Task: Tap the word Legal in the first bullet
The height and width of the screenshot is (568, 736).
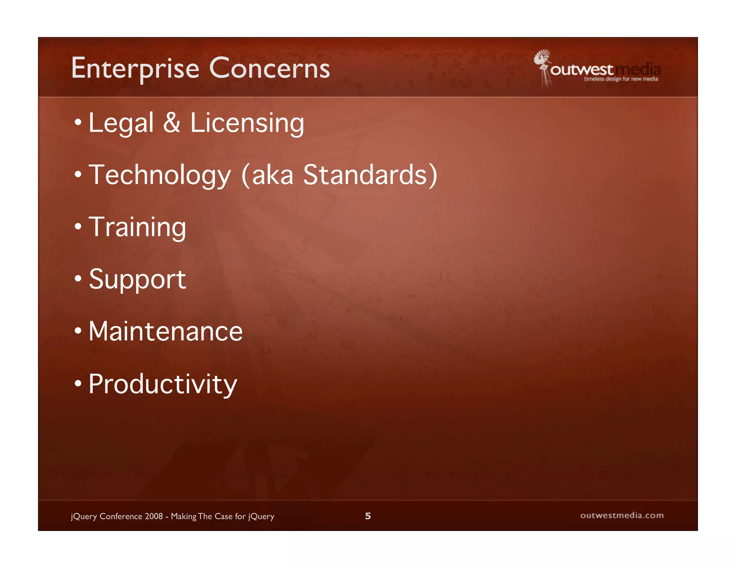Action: [x=121, y=123]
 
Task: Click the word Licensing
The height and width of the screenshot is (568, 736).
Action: [x=247, y=123]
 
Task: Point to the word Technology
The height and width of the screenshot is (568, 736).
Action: [x=160, y=175]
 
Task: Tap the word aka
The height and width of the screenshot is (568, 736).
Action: [x=272, y=175]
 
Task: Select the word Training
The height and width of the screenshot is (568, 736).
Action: [x=137, y=227]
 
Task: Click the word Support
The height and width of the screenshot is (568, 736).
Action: [x=137, y=280]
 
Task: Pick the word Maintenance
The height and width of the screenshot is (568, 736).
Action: [x=165, y=331]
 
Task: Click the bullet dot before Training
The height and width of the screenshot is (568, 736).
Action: [x=78, y=227]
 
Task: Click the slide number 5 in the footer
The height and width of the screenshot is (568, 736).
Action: [x=368, y=516]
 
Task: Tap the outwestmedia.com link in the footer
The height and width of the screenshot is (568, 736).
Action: [x=622, y=516]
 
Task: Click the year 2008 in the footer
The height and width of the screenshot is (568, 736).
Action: [x=154, y=516]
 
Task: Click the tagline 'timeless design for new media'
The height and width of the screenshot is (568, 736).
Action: [x=621, y=79]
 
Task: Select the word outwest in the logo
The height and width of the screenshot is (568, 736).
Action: [x=581, y=70]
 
